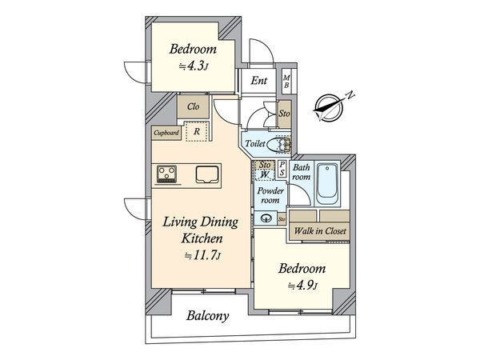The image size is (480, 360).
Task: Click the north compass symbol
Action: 330,106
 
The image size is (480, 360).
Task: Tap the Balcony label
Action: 208,315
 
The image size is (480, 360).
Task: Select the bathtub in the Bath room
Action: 329,184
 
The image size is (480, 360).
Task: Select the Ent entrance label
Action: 259,80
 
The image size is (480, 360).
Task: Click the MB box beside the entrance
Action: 287,81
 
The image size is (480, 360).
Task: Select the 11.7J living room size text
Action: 203,256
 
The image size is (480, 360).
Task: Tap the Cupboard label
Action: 166,133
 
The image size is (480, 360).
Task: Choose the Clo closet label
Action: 193,106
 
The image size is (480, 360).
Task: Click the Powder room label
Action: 266,196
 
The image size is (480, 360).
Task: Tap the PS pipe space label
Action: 282,169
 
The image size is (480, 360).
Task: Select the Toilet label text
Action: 255,144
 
